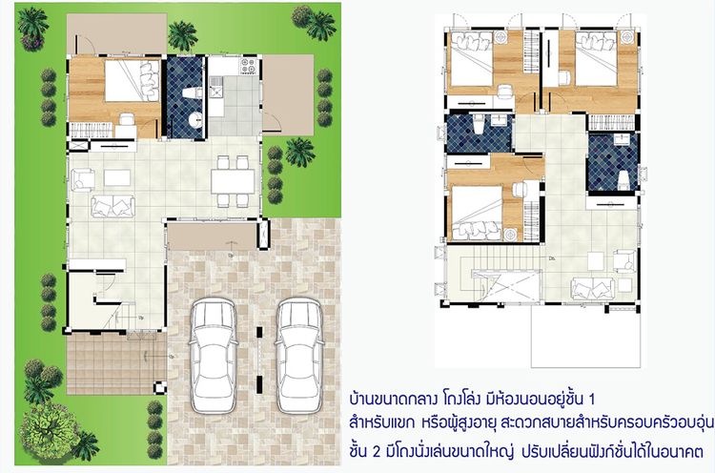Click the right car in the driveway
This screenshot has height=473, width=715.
(296, 346)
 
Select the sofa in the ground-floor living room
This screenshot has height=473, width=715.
(112, 204)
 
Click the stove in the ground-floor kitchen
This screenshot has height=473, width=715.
(249, 69)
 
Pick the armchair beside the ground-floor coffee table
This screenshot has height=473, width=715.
(81, 177)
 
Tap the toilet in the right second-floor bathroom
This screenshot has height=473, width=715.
(620, 178)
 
